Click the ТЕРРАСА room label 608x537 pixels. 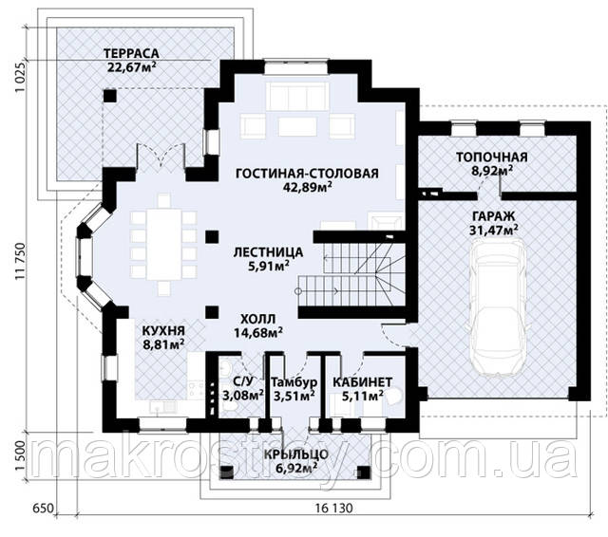[x=131, y=53]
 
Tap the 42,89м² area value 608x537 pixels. [x=307, y=187]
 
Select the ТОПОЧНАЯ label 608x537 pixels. [x=492, y=157]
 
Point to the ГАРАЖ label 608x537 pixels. [x=494, y=216]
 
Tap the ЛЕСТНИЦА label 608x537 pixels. [x=268, y=252]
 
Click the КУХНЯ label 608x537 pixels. [x=163, y=331]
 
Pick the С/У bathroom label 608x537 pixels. [x=243, y=382]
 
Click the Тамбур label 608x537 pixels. [x=294, y=382]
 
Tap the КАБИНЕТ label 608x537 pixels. [x=362, y=382]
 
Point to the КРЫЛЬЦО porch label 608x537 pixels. [x=296, y=454]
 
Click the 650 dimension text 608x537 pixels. [x=43, y=508]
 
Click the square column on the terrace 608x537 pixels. [x=110, y=96]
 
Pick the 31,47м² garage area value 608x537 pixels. [x=494, y=230]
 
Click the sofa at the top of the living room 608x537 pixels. [x=297, y=96]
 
